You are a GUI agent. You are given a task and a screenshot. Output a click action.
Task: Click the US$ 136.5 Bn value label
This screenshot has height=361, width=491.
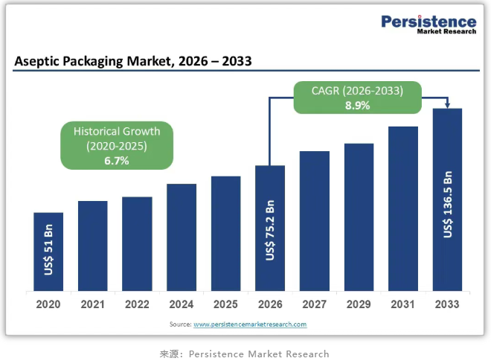click(x=448, y=204)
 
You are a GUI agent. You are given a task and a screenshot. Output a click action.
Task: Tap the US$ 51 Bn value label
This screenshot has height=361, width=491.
click(x=48, y=249)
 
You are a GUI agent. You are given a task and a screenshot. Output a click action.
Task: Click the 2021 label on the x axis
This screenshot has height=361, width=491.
click(x=92, y=304)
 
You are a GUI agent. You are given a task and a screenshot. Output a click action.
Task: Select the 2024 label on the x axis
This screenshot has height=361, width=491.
click(x=181, y=304)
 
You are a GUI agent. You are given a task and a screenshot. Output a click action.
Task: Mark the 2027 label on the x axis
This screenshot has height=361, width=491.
click(x=314, y=304)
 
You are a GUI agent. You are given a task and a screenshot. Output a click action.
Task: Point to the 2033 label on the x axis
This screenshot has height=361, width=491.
click(x=447, y=304)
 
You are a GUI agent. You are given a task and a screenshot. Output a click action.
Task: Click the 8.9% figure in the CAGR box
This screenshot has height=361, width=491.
click(x=357, y=106)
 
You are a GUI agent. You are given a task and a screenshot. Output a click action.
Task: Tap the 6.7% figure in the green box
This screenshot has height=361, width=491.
click(x=117, y=160)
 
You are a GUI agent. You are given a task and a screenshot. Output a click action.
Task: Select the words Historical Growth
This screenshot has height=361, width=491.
click(x=117, y=131)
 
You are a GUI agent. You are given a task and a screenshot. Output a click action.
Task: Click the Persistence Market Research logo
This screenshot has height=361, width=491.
click(x=429, y=25)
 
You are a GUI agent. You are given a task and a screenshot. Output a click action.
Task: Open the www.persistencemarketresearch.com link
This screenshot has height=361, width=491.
click(x=250, y=325)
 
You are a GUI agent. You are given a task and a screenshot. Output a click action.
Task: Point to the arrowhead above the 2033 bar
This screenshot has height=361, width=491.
click(x=448, y=103)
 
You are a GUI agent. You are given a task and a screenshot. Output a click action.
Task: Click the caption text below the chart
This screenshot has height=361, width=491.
click(x=244, y=354)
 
